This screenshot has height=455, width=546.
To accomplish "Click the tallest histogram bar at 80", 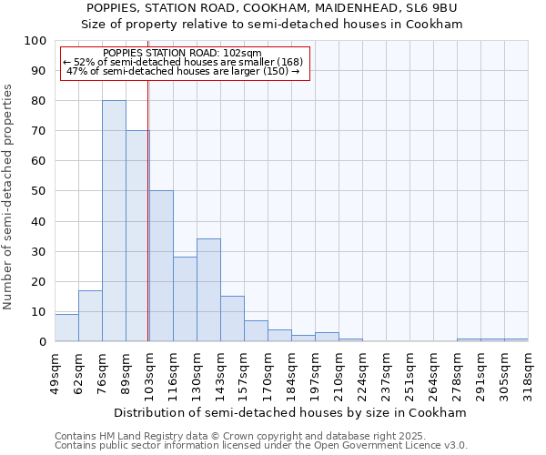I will [x=114, y=221].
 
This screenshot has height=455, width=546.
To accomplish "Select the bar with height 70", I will [x=137, y=237].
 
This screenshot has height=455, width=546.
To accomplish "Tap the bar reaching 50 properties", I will [x=161, y=266].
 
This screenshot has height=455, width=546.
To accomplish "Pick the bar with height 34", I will [x=208, y=290].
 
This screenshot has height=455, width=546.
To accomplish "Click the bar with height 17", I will [x=90, y=316].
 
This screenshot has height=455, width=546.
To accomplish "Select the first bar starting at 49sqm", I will [x=66, y=328].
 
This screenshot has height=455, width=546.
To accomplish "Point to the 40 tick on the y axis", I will [x=39, y=221].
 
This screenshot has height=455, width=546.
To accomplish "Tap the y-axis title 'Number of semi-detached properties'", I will [x=9, y=197].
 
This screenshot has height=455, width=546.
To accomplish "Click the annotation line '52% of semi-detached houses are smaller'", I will [x=185, y=62].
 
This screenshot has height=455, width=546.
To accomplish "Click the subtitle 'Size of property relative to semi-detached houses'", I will [x=272, y=25].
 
